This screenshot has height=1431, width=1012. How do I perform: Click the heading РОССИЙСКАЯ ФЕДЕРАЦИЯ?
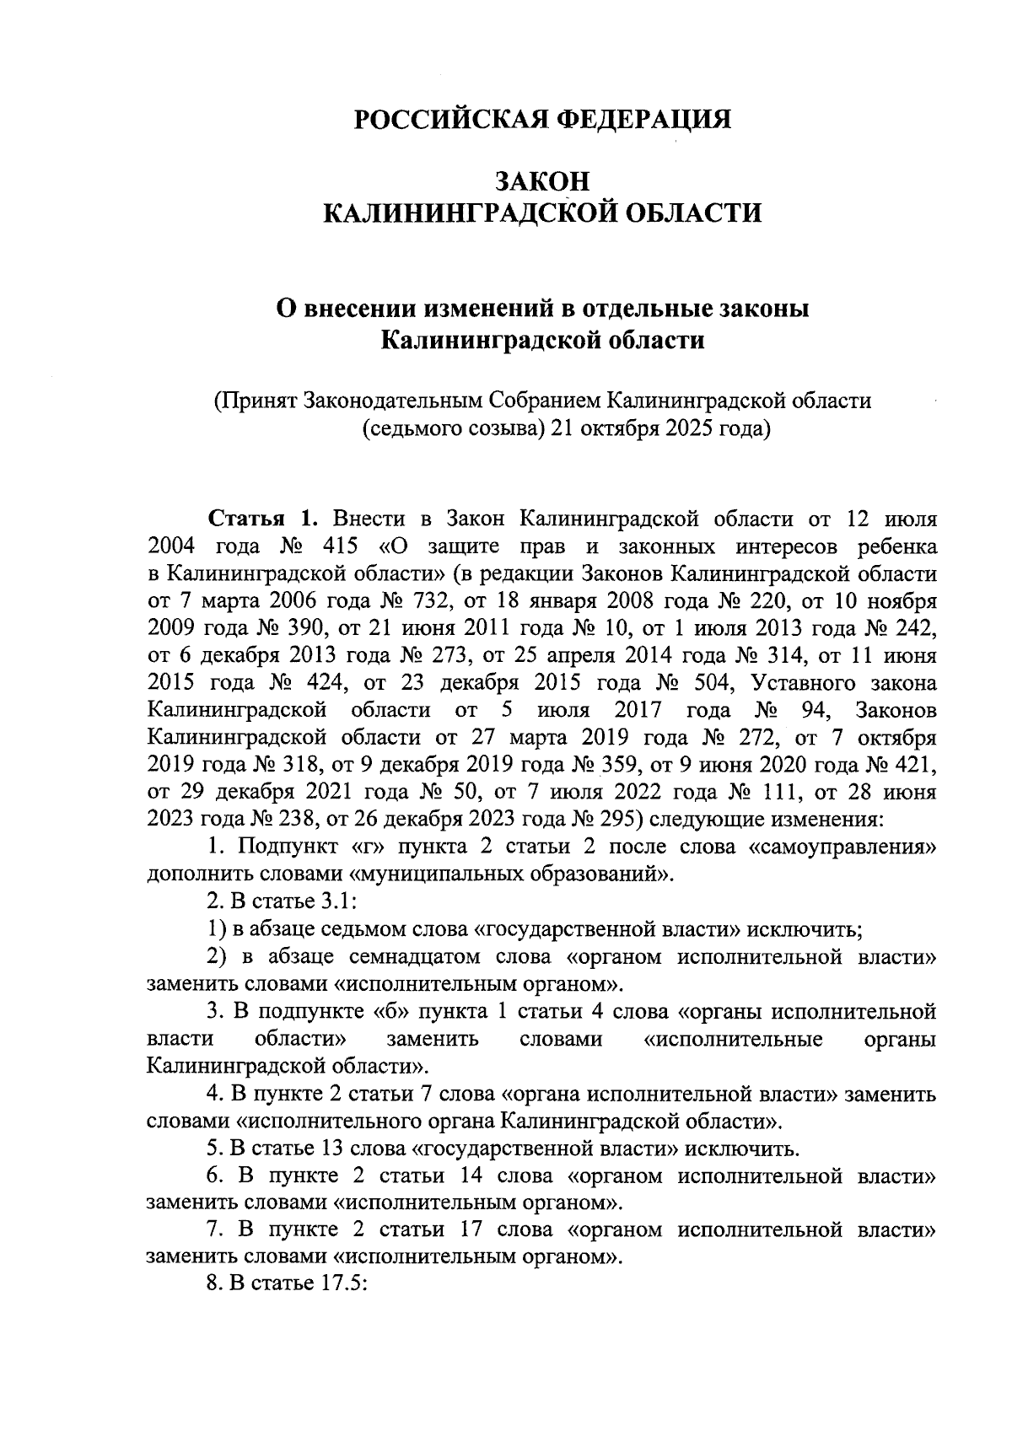coord(541,119)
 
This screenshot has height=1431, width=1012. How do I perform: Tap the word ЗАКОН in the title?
coord(542,181)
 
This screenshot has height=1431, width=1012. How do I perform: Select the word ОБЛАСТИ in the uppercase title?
coord(696,212)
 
